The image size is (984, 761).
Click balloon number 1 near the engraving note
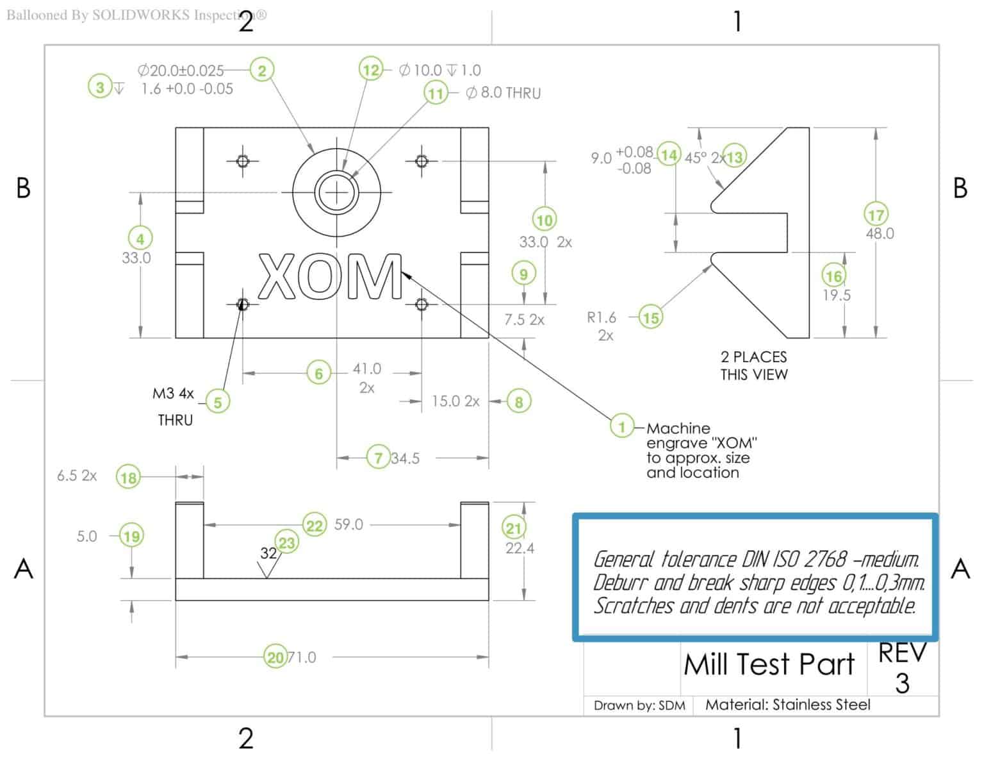[x=621, y=426]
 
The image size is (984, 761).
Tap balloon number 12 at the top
[x=371, y=69]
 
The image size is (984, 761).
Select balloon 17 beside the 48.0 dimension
[x=876, y=215]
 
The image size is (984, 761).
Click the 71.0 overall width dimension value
[x=302, y=657]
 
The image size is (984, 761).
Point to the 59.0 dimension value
[x=348, y=524]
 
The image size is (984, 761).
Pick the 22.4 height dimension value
[x=520, y=548]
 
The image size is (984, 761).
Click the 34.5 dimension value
[x=405, y=458]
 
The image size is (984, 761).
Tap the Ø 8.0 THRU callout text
[x=504, y=94]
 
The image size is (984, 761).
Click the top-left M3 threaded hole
[x=242, y=160]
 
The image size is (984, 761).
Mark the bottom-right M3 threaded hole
[x=422, y=304]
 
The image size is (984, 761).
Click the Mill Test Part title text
[x=769, y=664]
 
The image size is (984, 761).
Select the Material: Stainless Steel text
[x=787, y=705]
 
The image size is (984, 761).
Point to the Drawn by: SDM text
[x=639, y=705]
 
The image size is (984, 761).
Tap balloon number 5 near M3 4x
[x=218, y=402]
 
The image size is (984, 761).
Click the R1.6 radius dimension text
[x=602, y=317]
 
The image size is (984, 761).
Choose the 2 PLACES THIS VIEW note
[x=753, y=365]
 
